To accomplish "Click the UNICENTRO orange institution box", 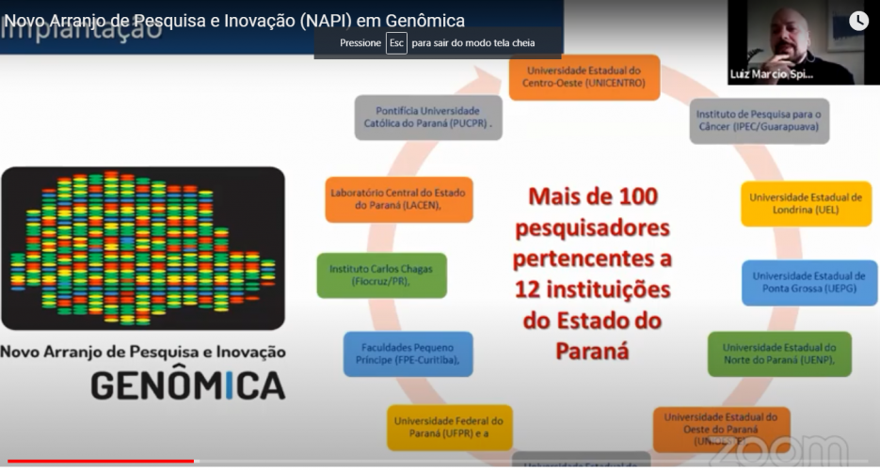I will pos(584,76).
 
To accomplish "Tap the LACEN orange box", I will pos(399,199).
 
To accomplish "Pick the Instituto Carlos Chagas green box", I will pos(381,274).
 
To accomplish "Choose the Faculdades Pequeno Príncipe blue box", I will pos(408,353).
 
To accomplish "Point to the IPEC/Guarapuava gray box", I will pos(760,120).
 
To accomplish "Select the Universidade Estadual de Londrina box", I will pos(806,203).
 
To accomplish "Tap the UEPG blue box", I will pos(808,282).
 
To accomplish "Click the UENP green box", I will pos(779,353).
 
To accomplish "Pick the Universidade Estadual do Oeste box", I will pos(722,429).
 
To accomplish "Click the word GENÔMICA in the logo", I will pos(187,384).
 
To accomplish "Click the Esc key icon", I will pos(396,43).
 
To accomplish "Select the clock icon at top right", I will pos(858,21).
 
